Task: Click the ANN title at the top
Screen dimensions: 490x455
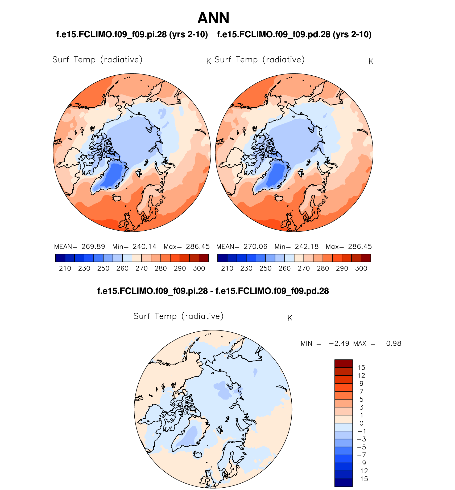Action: (213, 18)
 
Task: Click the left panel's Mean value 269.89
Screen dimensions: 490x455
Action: (93, 247)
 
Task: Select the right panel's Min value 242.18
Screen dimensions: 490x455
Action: (307, 247)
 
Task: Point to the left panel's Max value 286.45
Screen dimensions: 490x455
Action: (198, 247)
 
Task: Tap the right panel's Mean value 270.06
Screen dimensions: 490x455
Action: (255, 247)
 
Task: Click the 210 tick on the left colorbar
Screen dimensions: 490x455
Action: (65, 268)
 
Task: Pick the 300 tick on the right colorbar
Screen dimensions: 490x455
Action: (361, 268)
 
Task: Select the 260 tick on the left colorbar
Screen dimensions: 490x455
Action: (122, 268)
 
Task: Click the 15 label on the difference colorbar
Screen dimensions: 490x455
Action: (361, 368)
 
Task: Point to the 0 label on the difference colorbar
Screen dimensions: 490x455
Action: (361, 423)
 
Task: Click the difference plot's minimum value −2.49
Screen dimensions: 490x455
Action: (339, 344)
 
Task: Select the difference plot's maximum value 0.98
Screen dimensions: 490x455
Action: (394, 344)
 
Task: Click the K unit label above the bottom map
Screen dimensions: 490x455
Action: (290, 318)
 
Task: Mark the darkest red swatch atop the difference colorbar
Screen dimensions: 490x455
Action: (344, 364)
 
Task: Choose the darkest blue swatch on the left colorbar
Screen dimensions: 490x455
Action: (60, 258)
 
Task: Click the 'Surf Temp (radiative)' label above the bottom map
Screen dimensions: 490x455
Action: (178, 316)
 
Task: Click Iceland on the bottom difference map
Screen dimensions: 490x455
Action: (198, 454)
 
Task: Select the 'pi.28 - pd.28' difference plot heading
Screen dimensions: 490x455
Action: (213, 291)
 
